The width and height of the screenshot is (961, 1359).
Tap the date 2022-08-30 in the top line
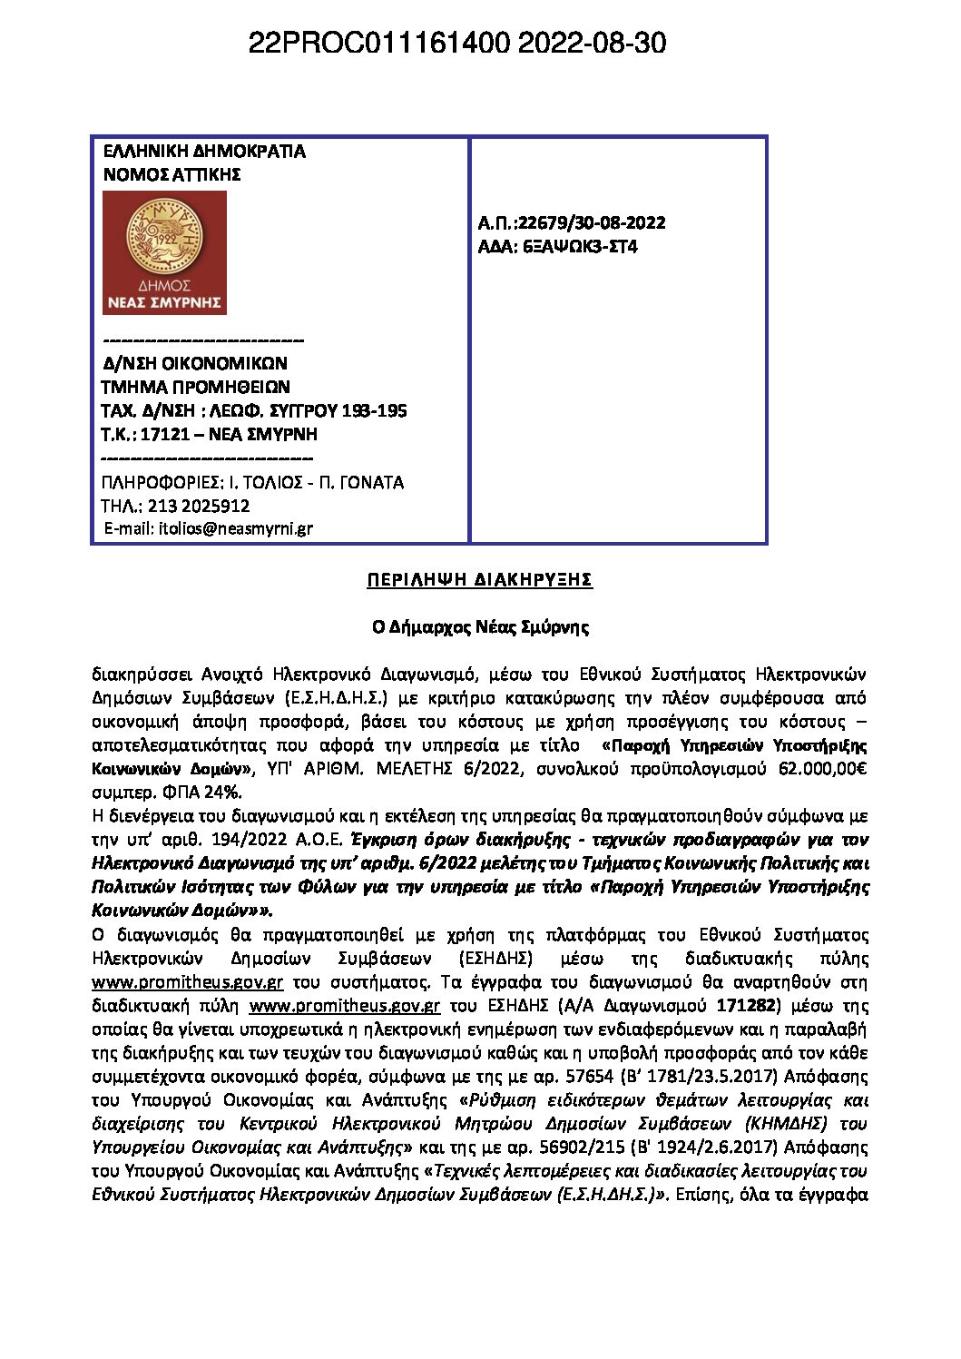592,43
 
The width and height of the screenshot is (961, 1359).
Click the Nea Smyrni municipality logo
164,252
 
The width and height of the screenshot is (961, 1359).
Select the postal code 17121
164,434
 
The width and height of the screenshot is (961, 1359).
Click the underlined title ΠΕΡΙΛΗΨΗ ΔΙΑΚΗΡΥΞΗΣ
479,580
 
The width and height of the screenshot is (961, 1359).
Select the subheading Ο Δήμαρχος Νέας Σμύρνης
479,627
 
